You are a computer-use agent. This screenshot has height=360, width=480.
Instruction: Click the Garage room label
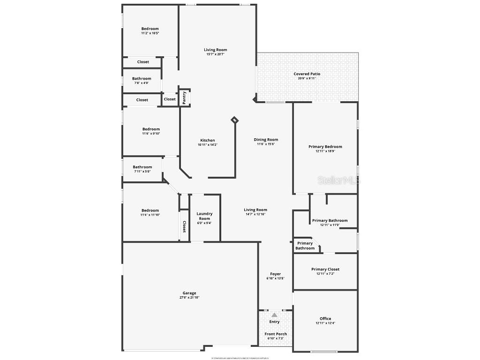coord(189,293)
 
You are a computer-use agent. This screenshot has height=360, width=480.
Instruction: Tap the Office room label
coord(325,319)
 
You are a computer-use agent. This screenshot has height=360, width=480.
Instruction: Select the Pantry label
coord(184,97)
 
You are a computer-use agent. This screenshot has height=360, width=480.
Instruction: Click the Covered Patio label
coord(307,74)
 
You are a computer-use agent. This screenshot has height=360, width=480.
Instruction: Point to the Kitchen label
coord(208,140)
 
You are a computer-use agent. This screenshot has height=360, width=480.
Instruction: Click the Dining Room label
coord(266,139)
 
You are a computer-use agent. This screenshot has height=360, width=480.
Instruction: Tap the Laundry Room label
coord(204,216)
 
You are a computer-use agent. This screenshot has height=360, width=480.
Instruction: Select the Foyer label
coord(275,274)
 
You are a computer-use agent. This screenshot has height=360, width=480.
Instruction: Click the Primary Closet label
coord(325,269)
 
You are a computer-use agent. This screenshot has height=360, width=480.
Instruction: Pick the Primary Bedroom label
coord(325,147)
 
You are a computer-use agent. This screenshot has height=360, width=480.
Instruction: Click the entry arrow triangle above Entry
coord(274,315)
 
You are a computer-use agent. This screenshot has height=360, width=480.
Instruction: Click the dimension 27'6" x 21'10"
coord(189,298)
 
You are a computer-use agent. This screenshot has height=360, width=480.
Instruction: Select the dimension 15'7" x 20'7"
coord(216,54)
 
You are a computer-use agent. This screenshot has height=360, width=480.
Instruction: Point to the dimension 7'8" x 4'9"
coord(142,83)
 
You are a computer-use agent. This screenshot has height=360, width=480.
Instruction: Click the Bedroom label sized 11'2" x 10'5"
coord(150,29)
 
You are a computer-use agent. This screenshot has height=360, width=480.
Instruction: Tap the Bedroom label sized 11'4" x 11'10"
coord(150,210)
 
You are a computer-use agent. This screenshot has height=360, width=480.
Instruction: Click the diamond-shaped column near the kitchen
coord(234,120)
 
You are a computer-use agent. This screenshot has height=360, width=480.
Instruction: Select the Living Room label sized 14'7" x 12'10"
coord(255,210)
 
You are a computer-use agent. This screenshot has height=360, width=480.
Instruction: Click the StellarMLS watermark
coord(339,180)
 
